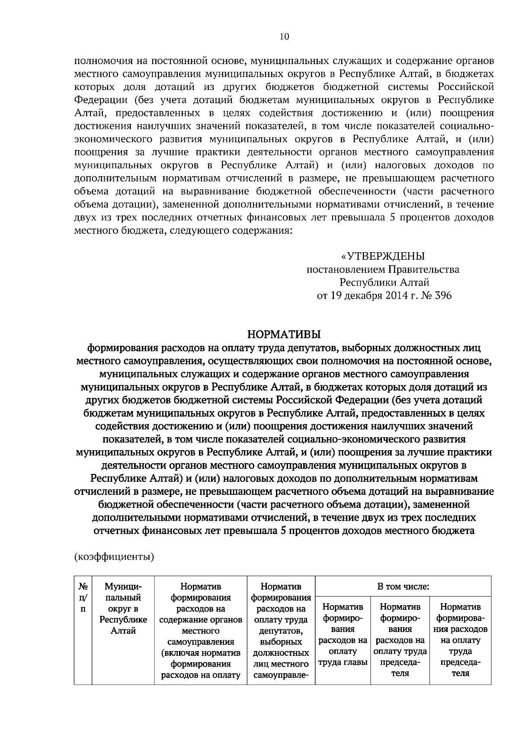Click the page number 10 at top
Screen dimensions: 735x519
[x=284, y=37]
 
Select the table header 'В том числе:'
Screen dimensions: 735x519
[x=403, y=587]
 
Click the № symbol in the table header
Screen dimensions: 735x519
[x=83, y=587]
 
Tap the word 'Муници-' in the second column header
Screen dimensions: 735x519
[x=123, y=587]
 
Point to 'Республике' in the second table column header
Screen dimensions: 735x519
[x=123, y=619]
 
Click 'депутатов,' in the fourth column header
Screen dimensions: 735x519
[x=281, y=631]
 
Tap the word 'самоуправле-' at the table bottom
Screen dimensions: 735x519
[x=281, y=675]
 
